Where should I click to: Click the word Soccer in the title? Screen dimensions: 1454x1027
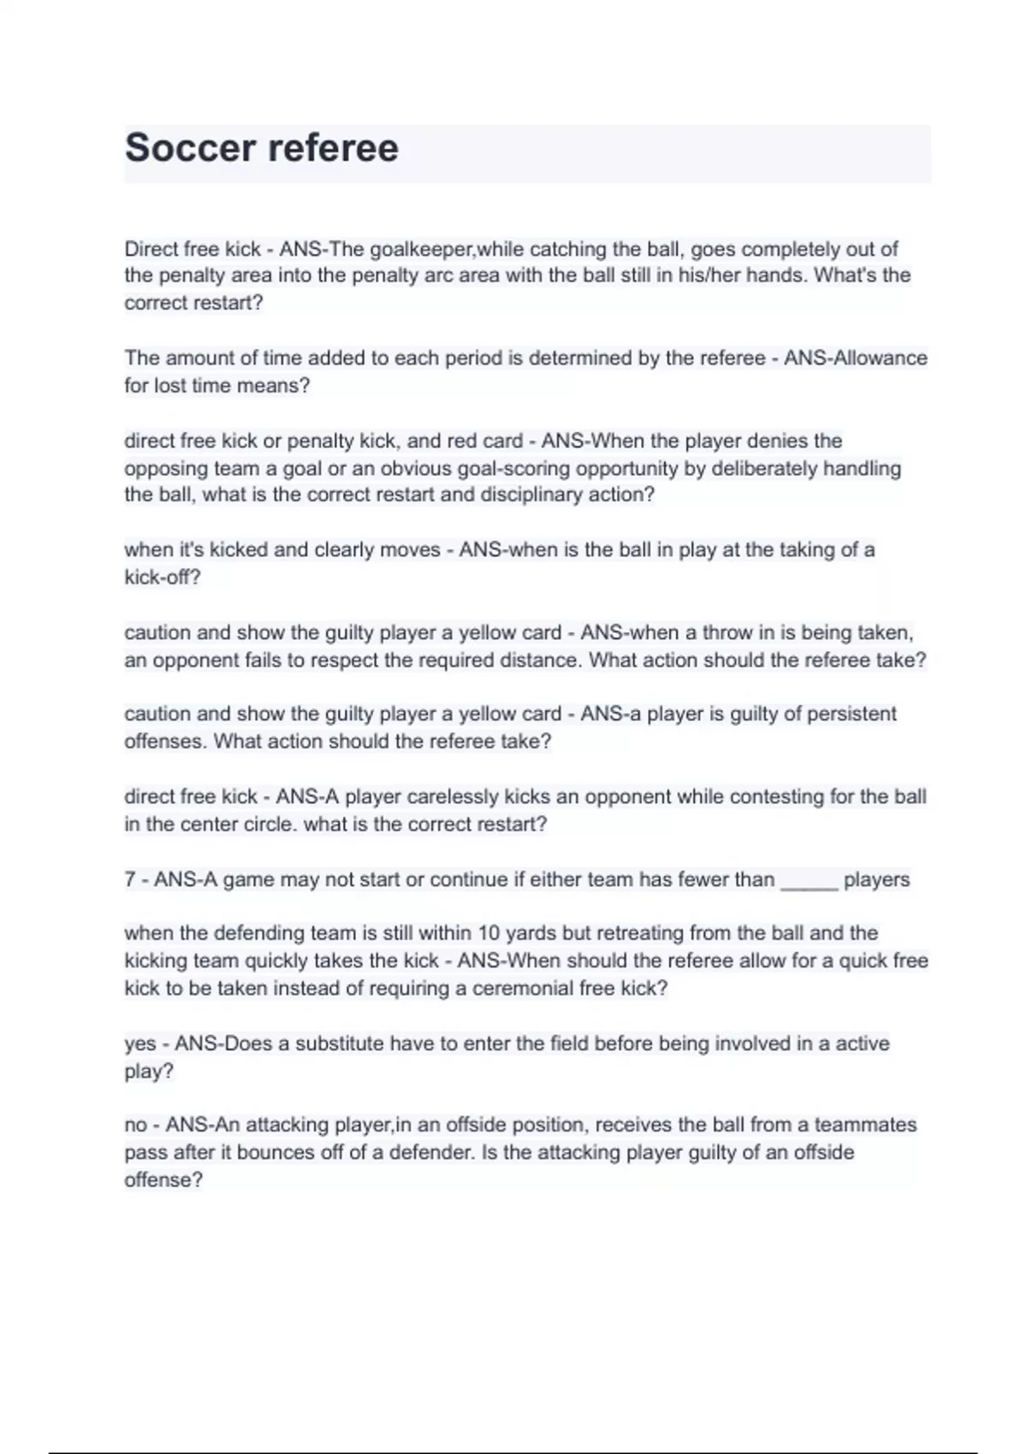190,148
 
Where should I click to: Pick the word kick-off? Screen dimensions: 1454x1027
162,577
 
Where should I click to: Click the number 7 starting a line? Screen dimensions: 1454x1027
130,880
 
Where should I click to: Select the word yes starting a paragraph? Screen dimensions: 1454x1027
140,1044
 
